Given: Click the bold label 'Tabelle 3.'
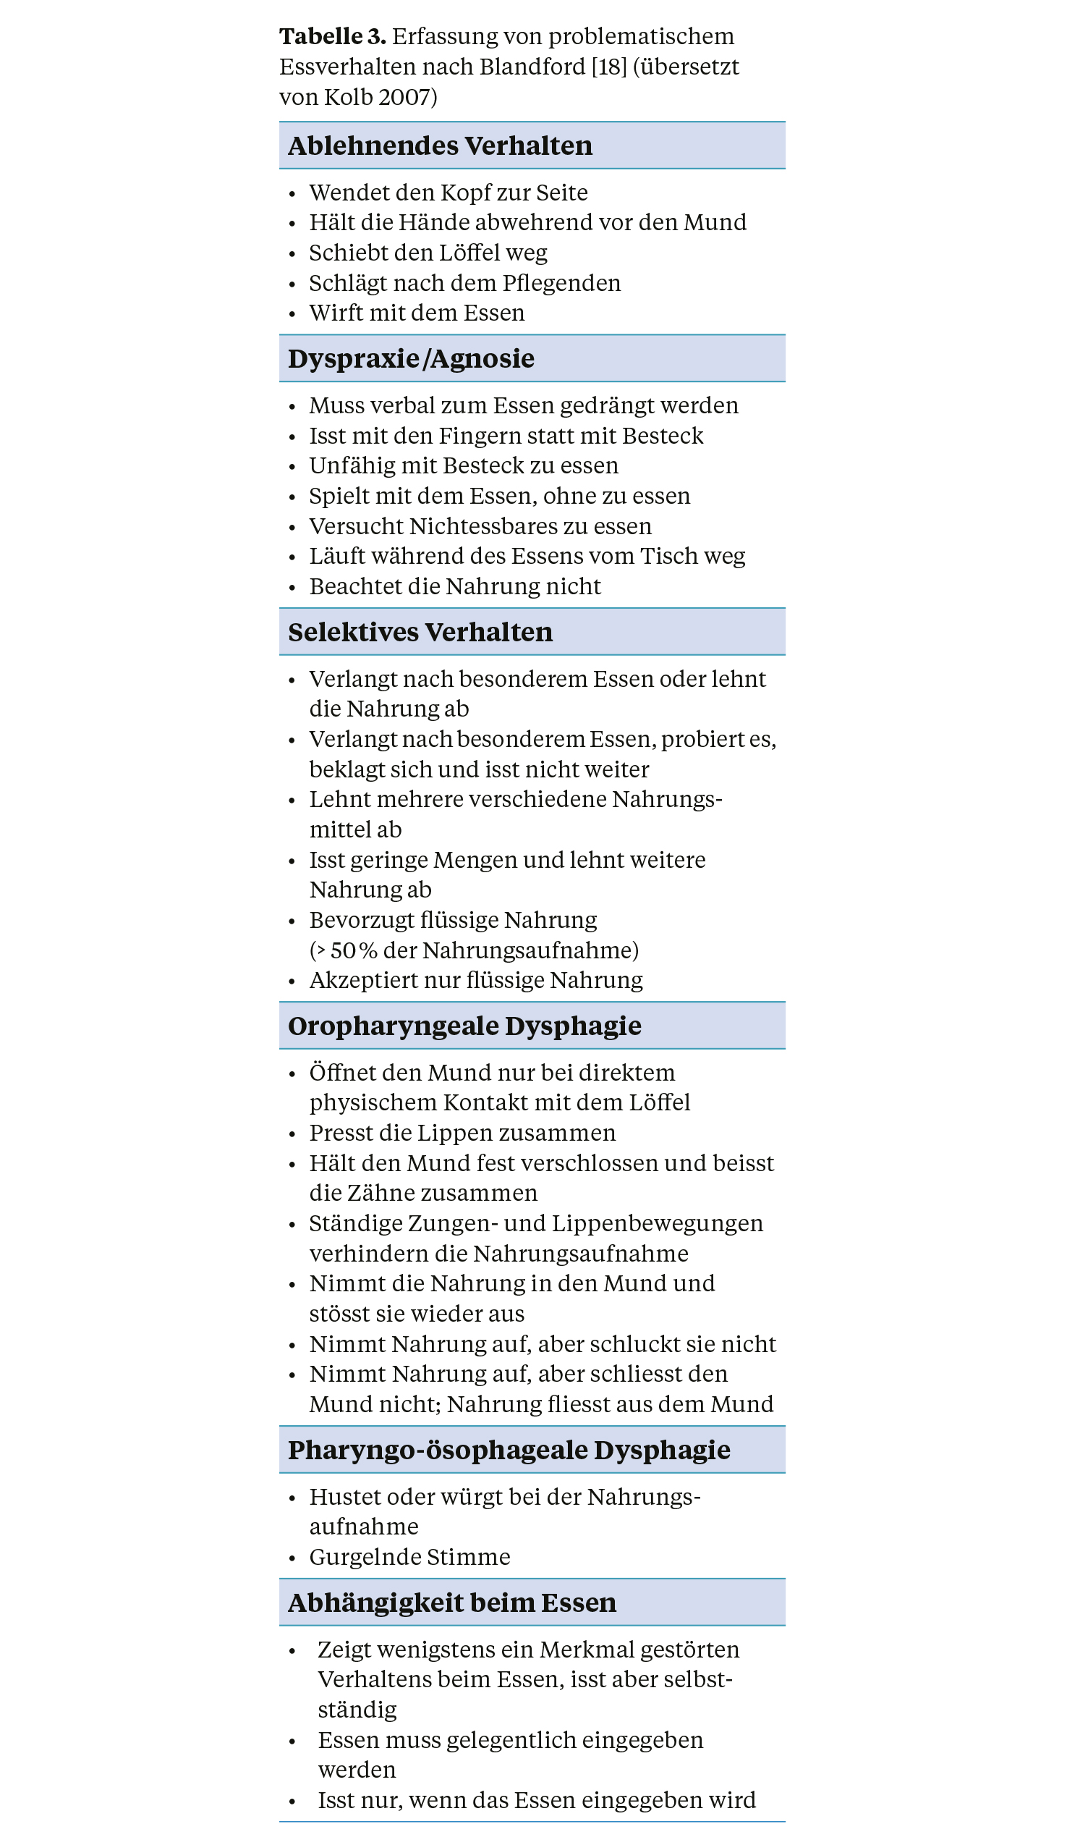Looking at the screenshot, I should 332,37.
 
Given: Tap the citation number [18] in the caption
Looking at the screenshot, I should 609,67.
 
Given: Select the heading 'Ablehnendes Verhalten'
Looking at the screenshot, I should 440,145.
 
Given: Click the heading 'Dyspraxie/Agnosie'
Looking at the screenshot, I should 411,359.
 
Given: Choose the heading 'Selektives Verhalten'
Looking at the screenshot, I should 420,632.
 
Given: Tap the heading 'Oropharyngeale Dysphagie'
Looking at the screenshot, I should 464,1026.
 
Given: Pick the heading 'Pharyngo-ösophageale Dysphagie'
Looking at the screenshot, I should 509,1450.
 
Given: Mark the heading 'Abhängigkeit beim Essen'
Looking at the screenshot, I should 451,1603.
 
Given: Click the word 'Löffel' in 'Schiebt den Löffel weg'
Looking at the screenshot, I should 469,253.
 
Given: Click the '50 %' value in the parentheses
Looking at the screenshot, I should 354,950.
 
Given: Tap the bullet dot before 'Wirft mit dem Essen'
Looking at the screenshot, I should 292,314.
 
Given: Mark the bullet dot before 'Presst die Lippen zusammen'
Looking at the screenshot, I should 292,1134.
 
